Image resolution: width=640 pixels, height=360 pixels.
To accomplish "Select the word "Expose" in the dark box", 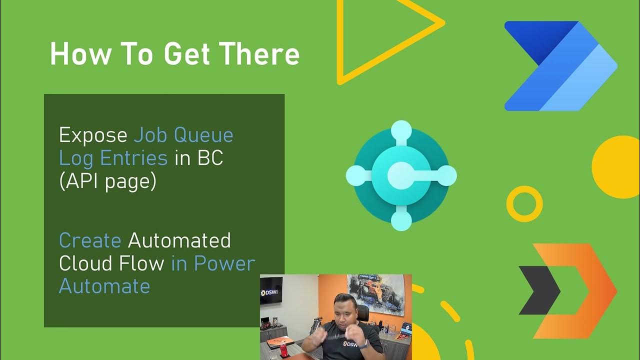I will (93, 135).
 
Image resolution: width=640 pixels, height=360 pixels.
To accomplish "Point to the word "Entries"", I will (134, 158).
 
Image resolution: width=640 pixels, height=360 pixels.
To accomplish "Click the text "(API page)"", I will (107, 181).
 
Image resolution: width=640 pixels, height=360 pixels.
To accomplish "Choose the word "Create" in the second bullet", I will (90, 240).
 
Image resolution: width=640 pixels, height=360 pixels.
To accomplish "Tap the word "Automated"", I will (179, 240).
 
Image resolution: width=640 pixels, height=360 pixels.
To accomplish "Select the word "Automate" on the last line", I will (104, 286).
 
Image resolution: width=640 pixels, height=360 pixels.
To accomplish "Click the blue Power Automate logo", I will (560, 66).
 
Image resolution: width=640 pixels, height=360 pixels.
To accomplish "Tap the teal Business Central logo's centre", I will (401, 175).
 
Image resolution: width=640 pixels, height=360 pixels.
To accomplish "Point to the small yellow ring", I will (524, 203).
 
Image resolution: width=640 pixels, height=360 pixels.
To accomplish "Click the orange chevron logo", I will (575, 290).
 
